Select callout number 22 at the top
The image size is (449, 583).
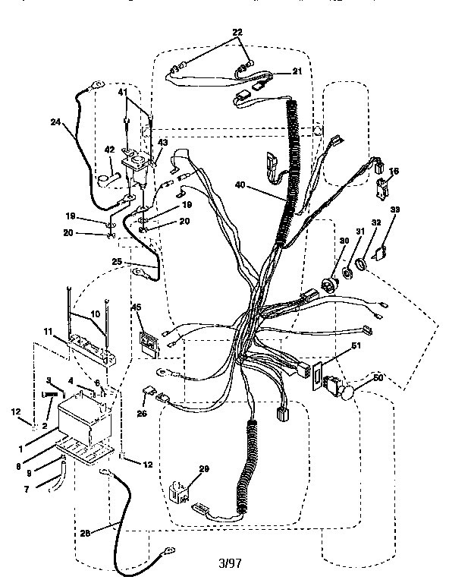[x=237, y=32]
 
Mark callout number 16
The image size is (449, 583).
[x=393, y=174]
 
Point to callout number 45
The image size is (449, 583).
[x=137, y=307]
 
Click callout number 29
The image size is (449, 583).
[x=203, y=471]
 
